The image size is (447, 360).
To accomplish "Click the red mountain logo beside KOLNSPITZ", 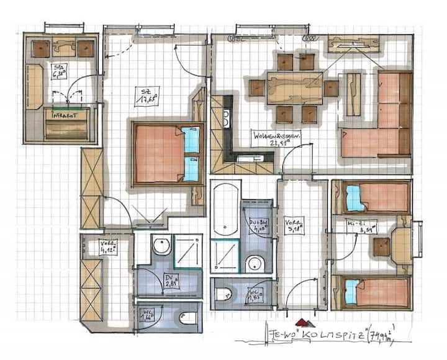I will pos(302,322).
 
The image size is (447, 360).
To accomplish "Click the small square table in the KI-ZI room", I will pos(382,246).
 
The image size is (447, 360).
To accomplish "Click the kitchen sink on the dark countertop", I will pos(226,115).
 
